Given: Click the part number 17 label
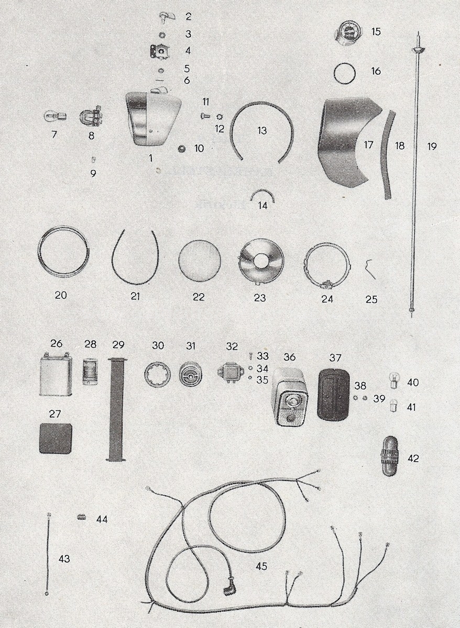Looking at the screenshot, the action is pyautogui.click(x=368, y=145).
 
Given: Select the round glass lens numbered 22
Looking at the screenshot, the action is pyautogui.click(x=199, y=261).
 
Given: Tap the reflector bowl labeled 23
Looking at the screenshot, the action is pyautogui.click(x=261, y=262).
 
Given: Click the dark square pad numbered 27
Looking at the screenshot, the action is pyautogui.click(x=56, y=438).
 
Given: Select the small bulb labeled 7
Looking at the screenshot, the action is pyautogui.click(x=56, y=116).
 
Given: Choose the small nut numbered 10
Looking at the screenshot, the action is pyautogui.click(x=182, y=148).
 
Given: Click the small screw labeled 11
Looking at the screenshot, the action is pyautogui.click(x=205, y=115).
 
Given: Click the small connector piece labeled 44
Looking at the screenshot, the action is pyautogui.click(x=81, y=517).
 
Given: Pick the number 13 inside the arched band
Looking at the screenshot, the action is pyautogui.click(x=262, y=131).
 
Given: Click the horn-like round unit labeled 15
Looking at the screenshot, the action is pyautogui.click(x=347, y=33).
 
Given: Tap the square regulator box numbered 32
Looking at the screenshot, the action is pyautogui.click(x=229, y=373).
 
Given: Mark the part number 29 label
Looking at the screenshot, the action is pyautogui.click(x=118, y=344).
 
